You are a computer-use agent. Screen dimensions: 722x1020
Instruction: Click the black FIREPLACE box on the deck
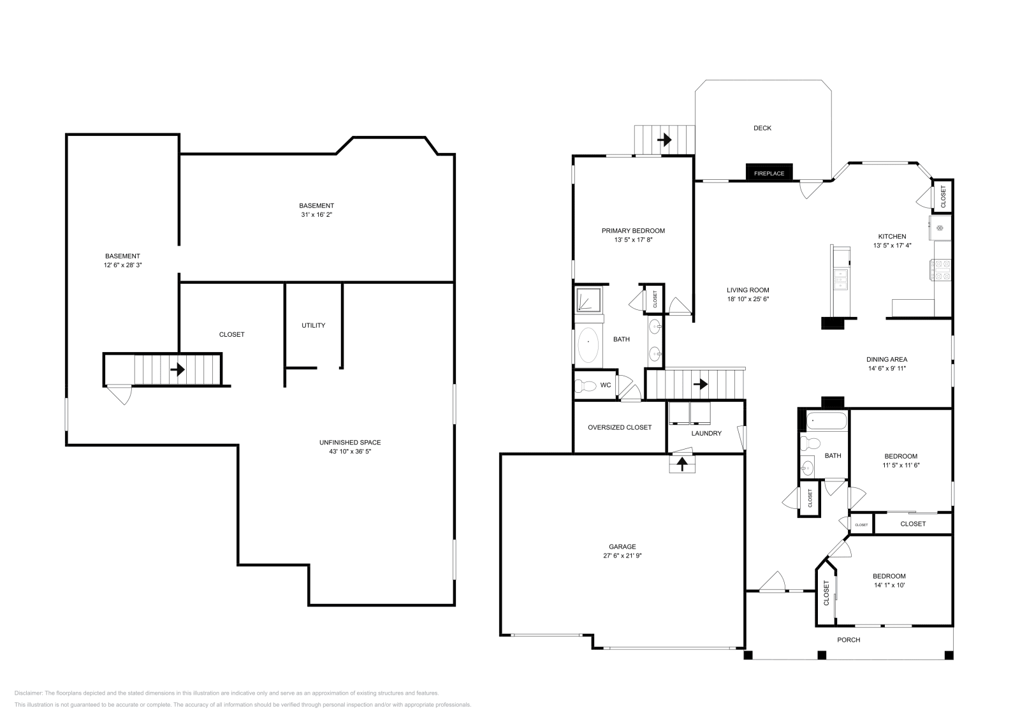(x=769, y=173)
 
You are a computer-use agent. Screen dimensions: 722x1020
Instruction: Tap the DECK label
(x=762, y=128)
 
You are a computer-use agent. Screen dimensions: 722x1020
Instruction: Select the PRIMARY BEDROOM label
(x=633, y=231)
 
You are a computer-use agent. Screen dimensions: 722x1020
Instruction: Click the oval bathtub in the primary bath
(x=588, y=346)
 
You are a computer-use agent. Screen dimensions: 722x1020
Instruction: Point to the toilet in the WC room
(x=585, y=385)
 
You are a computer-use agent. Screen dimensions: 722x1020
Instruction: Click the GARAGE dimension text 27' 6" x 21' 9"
(x=622, y=556)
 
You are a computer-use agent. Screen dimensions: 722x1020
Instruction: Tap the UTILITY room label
(x=313, y=325)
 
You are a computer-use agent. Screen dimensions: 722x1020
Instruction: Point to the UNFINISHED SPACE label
(x=349, y=443)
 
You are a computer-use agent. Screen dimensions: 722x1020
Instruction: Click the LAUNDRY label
(x=706, y=434)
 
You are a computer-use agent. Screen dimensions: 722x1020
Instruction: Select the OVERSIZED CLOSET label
(x=619, y=427)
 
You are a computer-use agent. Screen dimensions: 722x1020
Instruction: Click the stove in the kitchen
(x=942, y=270)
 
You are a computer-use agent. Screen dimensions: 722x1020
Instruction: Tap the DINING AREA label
(x=886, y=359)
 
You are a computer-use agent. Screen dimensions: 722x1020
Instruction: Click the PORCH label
(x=848, y=640)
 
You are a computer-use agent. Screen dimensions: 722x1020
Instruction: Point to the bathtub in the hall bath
(x=827, y=422)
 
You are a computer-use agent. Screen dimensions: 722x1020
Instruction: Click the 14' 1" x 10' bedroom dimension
(x=889, y=585)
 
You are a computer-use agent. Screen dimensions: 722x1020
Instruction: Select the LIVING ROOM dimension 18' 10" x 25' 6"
(x=748, y=299)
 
